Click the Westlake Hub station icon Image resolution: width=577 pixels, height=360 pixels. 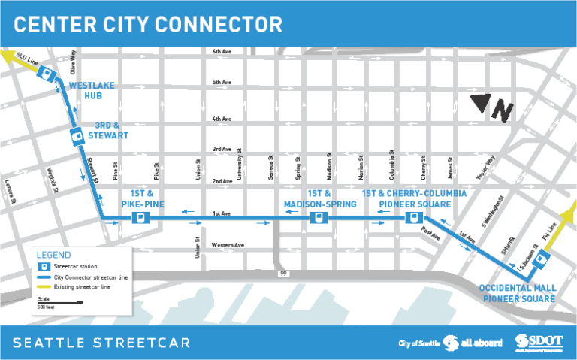pyautogui.click(x=47, y=74)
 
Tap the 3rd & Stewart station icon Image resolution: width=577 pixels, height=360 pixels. pyautogui.click(x=76, y=136)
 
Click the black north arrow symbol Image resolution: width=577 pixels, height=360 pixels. pyautogui.click(x=491, y=109)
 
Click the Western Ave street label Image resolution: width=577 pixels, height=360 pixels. pyautogui.click(x=228, y=245)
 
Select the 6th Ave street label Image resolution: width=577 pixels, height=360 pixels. pyautogui.click(x=222, y=52)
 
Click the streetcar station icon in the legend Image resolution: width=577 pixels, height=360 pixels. pyautogui.click(x=44, y=267)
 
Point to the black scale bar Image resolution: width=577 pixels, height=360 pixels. pyautogui.click(x=59, y=303)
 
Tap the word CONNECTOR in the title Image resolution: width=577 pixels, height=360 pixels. pyautogui.click(x=214, y=25)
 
